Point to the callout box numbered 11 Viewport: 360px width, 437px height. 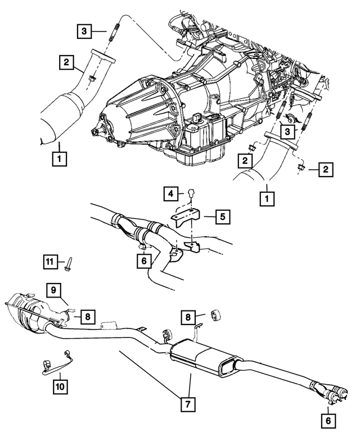pyautogui.click(x=52, y=260)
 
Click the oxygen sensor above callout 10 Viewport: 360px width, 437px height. pyautogui.click(x=58, y=364)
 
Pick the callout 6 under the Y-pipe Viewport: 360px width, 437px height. pyautogui.click(x=144, y=260)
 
